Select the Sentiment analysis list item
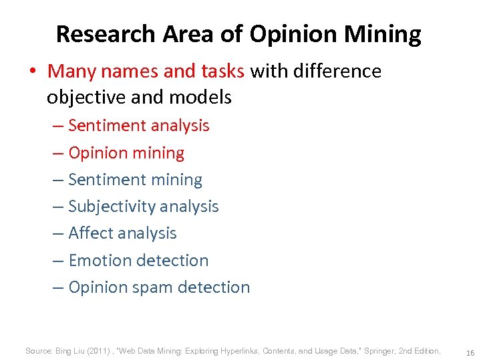coord(138,126)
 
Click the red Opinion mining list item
coord(126,152)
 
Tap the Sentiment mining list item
coord(135,180)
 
